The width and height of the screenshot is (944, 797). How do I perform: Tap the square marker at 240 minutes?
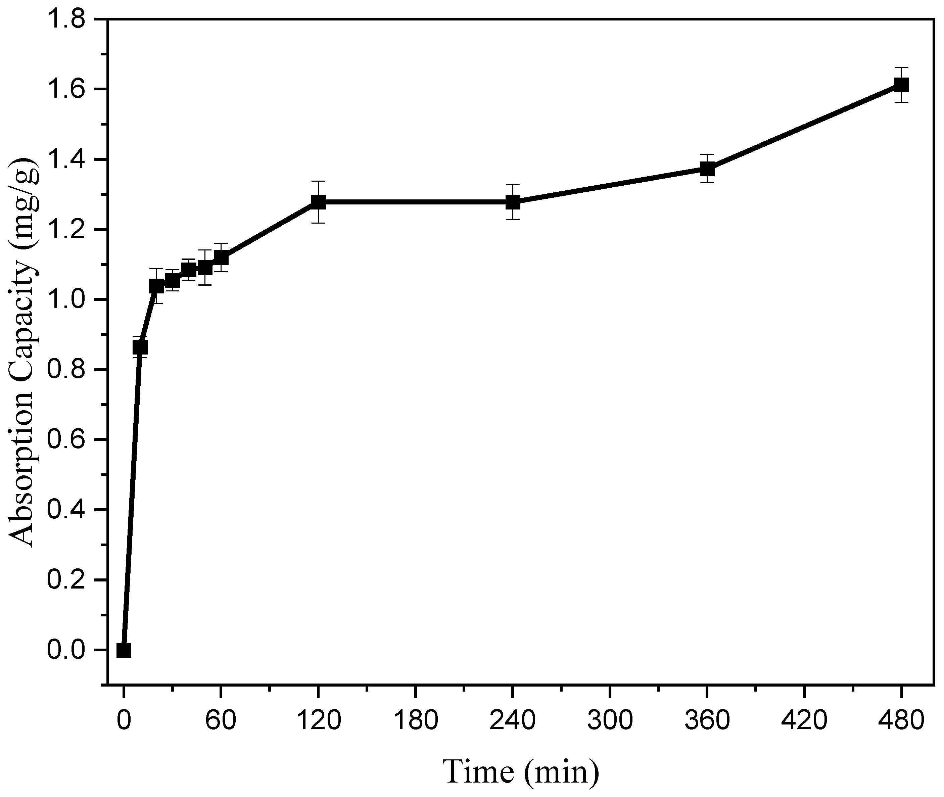coord(513,202)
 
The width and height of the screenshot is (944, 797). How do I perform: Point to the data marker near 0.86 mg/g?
coord(140,347)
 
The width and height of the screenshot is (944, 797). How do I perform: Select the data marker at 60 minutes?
coord(221,257)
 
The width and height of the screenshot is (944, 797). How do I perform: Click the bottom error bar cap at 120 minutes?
coord(318,223)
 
